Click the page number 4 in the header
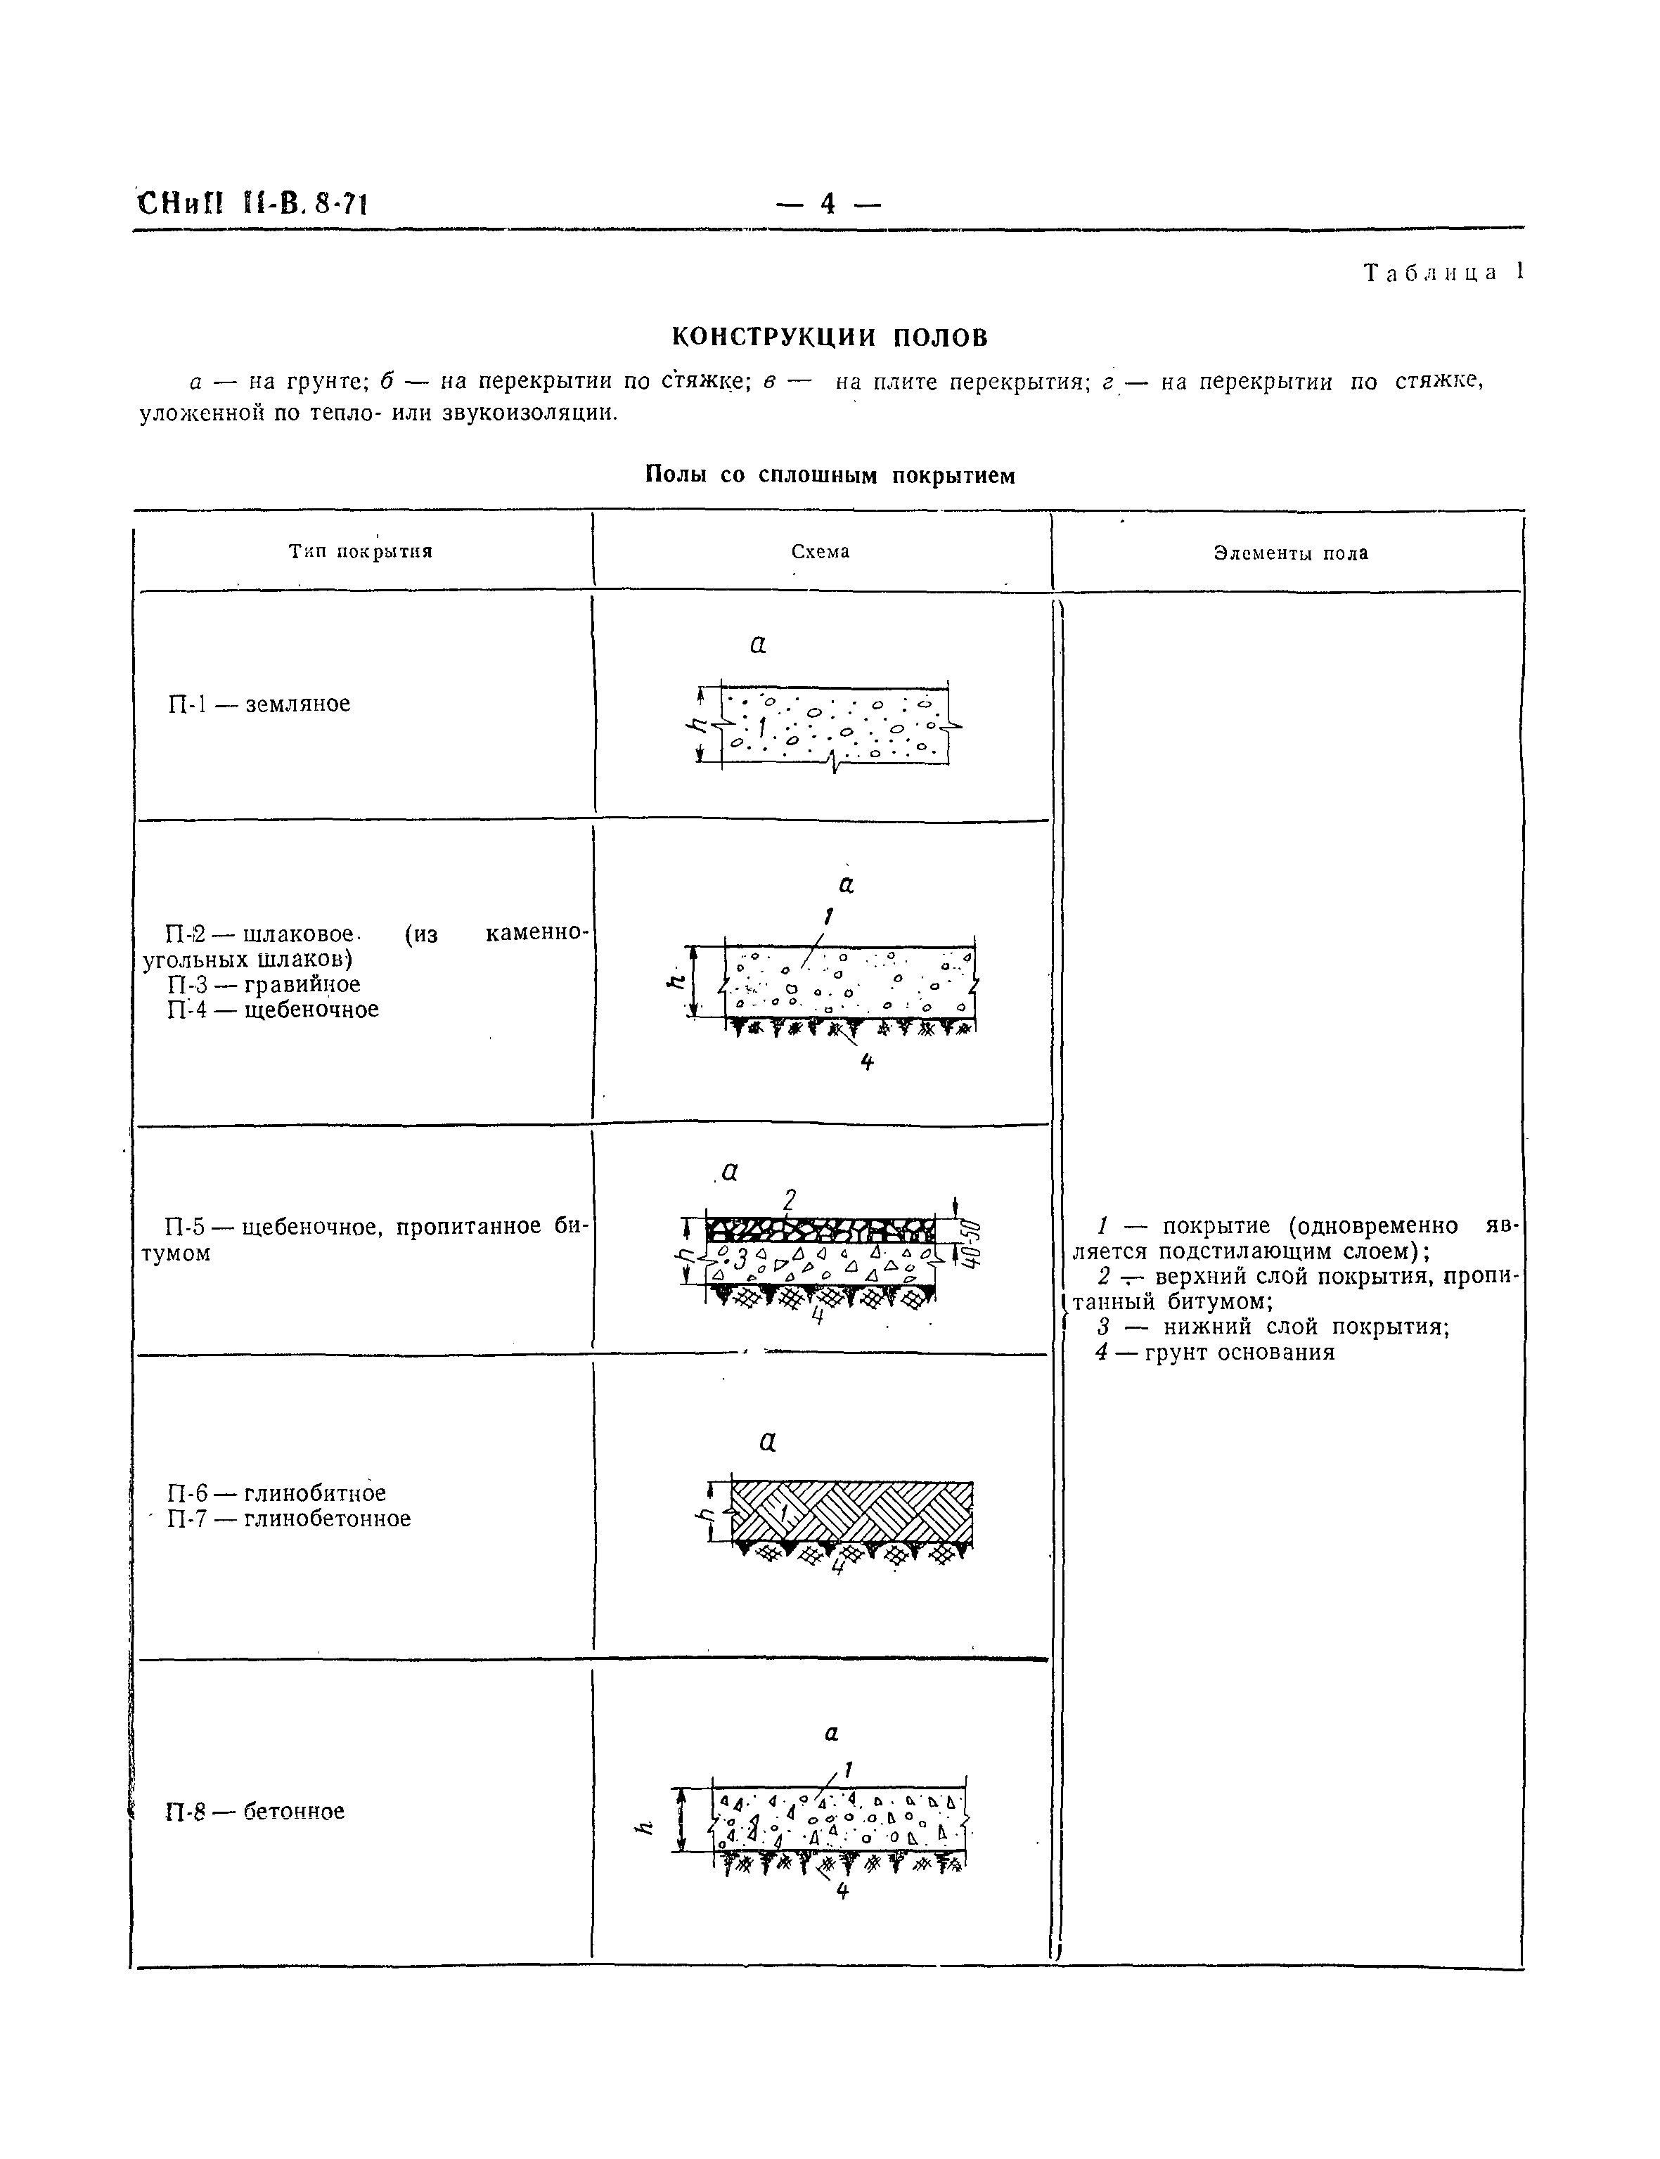click(x=828, y=204)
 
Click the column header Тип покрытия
click(x=361, y=551)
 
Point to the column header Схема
click(x=820, y=551)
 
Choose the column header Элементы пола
click(x=1290, y=553)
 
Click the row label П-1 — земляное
click(x=259, y=704)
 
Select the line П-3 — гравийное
click(x=264, y=984)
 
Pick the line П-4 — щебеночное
click(x=273, y=1009)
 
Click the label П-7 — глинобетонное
click(x=288, y=1519)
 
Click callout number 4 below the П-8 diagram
click(x=842, y=1891)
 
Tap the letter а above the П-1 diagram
click(x=758, y=644)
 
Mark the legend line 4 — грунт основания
click(x=1216, y=1353)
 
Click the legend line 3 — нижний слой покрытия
click(x=1273, y=1327)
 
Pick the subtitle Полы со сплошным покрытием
click(x=829, y=475)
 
